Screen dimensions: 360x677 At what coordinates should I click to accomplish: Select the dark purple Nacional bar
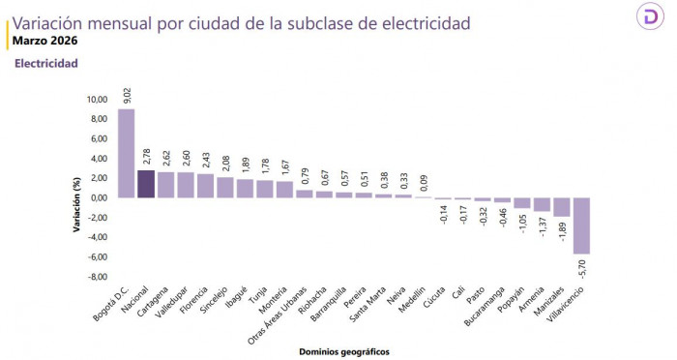coord(146,184)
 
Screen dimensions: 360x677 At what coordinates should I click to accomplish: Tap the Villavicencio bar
coord(582,225)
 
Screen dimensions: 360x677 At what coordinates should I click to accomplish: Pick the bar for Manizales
coord(562,207)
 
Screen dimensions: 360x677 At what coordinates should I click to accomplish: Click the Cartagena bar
coord(165,185)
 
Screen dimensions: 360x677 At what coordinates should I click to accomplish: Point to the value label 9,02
coord(127,95)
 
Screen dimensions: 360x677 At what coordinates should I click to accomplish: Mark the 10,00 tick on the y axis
coord(98,99)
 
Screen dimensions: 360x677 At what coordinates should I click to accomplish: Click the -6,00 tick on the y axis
coord(98,257)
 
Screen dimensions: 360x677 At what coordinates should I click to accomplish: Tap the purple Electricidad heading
coord(45,64)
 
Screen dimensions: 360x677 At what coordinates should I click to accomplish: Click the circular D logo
coord(649,19)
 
